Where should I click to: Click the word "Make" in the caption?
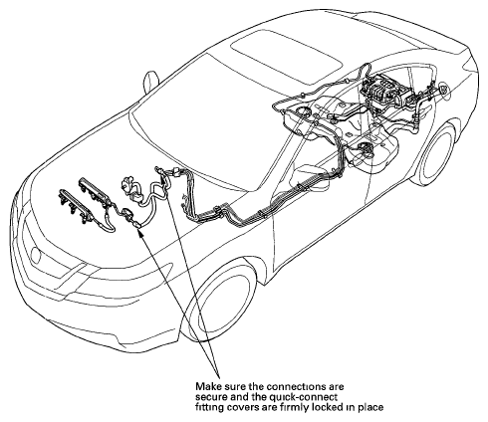(x=205, y=387)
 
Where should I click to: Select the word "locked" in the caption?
(x=327, y=407)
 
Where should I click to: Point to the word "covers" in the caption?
(x=241, y=407)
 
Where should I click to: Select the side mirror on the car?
(x=151, y=82)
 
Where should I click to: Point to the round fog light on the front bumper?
(x=35, y=255)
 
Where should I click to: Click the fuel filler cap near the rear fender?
(x=443, y=90)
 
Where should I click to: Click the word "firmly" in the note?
(x=296, y=407)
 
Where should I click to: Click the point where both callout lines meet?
(x=219, y=377)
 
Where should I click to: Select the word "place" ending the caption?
(x=370, y=407)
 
